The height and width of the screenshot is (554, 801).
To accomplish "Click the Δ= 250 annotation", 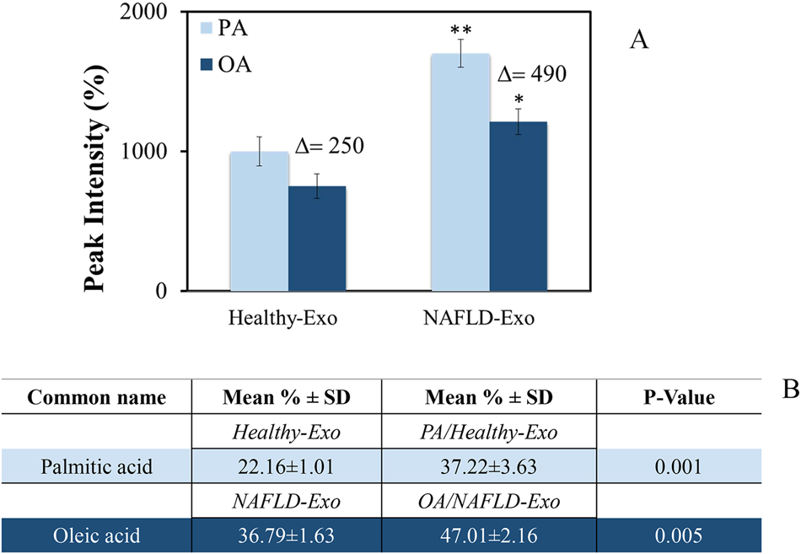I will (329, 146).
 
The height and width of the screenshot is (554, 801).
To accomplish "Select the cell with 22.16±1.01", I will (287, 466).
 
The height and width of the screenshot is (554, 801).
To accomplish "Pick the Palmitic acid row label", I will (97, 466).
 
